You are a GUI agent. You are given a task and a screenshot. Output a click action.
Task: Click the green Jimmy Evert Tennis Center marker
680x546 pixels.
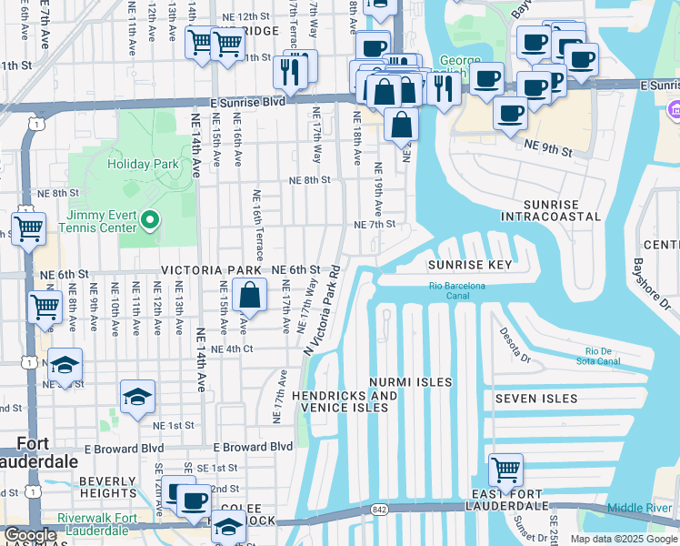[x=152, y=219]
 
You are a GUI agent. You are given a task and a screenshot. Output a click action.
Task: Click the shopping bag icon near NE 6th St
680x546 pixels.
[x=249, y=296]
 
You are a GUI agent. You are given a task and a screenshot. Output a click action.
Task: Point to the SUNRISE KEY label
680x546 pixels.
[x=470, y=265]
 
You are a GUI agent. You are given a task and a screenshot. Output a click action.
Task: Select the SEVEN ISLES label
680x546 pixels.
[x=536, y=399]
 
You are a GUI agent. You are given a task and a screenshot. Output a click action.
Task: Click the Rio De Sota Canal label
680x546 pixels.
[x=597, y=356]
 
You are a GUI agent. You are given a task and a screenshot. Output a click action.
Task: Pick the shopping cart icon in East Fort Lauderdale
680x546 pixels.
[x=505, y=471]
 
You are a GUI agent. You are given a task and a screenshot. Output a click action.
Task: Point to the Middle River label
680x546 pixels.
[x=639, y=508]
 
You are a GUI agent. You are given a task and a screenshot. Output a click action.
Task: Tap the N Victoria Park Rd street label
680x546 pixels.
[x=323, y=309]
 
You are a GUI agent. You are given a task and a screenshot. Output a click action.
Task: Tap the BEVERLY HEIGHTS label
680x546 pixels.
[x=107, y=487]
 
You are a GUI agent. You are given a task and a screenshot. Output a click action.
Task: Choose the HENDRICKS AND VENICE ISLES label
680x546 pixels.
[x=345, y=401]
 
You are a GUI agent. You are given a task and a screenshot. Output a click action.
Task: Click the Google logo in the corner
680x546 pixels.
[x=30, y=535]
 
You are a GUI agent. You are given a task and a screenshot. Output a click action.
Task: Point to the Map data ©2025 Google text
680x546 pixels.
[x=623, y=539]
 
